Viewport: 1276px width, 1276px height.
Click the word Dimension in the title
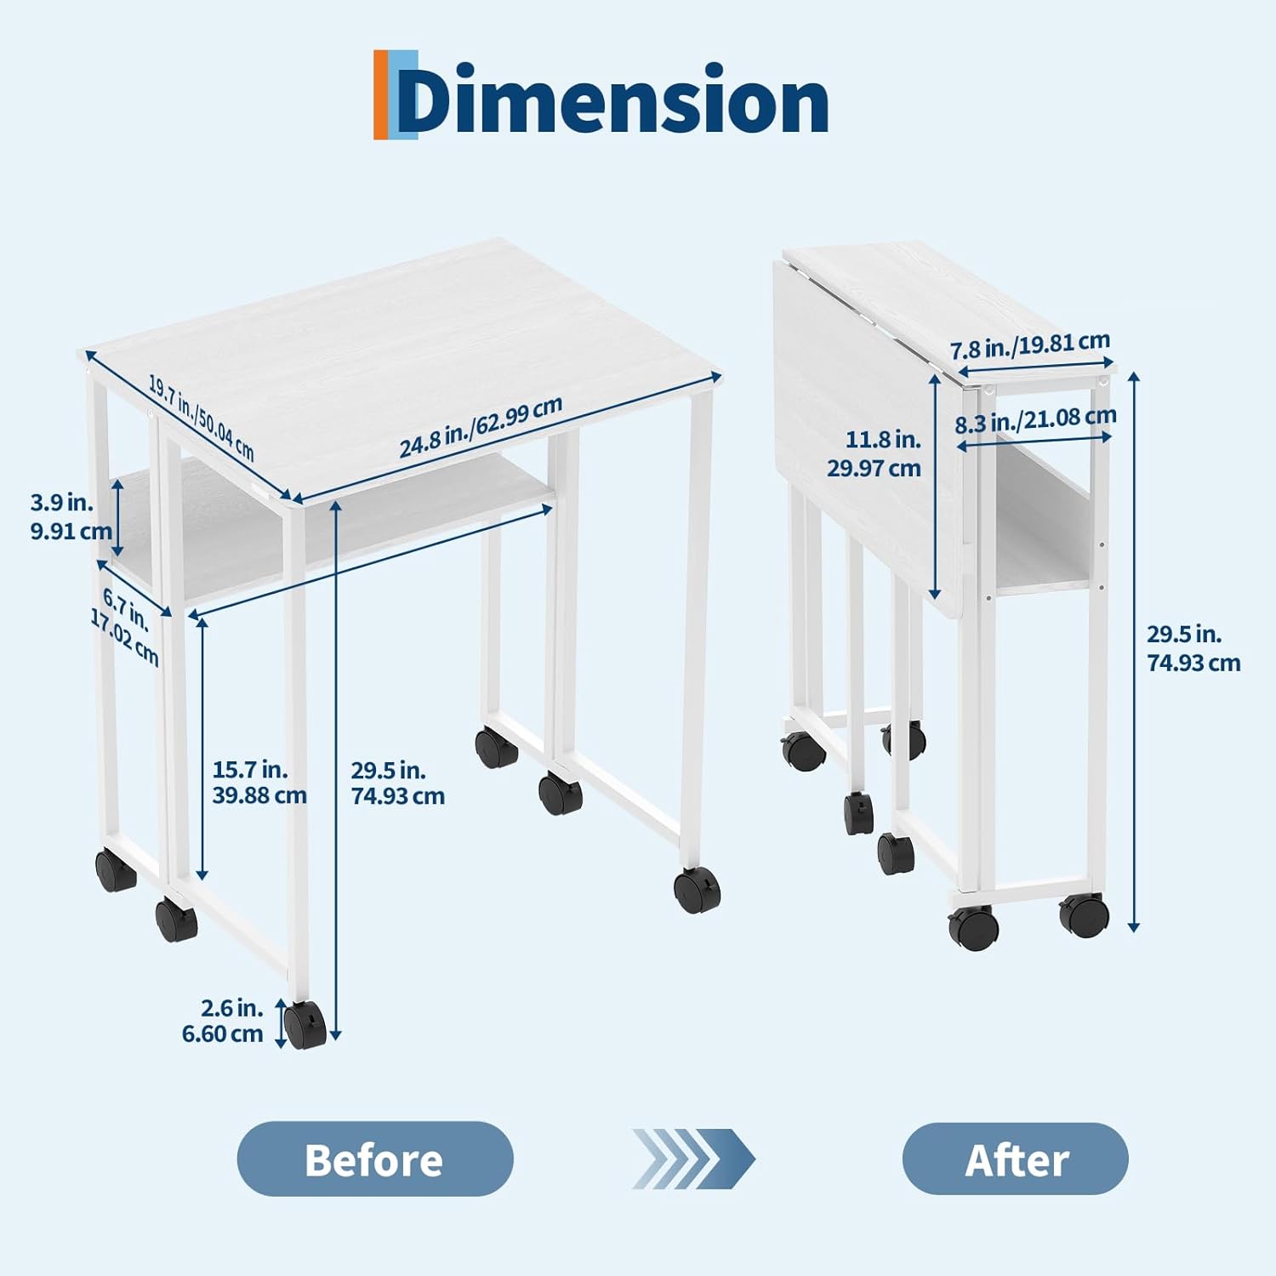click(612, 100)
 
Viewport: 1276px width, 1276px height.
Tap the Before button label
click(374, 1159)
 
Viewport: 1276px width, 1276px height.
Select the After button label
click(1017, 1159)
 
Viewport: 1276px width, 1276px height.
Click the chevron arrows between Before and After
click(692, 1159)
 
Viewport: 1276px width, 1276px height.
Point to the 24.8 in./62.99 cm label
click(481, 427)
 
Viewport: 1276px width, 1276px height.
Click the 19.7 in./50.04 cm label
click(202, 417)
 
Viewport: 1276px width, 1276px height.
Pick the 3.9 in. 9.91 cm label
click(71, 516)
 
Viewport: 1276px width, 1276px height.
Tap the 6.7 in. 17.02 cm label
click(125, 626)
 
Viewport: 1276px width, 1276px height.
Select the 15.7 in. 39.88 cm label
click(259, 782)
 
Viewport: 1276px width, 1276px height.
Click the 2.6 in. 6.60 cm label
click(223, 1021)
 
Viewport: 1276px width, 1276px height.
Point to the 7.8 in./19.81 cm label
click(1030, 345)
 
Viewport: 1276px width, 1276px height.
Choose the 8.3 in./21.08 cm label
click(1035, 419)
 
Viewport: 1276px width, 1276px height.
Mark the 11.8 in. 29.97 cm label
click(874, 453)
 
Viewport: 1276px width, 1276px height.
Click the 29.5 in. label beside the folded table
click(1184, 634)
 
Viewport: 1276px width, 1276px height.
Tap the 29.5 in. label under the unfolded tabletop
click(388, 770)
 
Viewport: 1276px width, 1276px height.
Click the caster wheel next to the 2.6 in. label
click(305, 1024)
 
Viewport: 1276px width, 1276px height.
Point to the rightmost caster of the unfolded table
click(697, 890)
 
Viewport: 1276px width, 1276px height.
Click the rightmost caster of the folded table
click(1085, 914)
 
